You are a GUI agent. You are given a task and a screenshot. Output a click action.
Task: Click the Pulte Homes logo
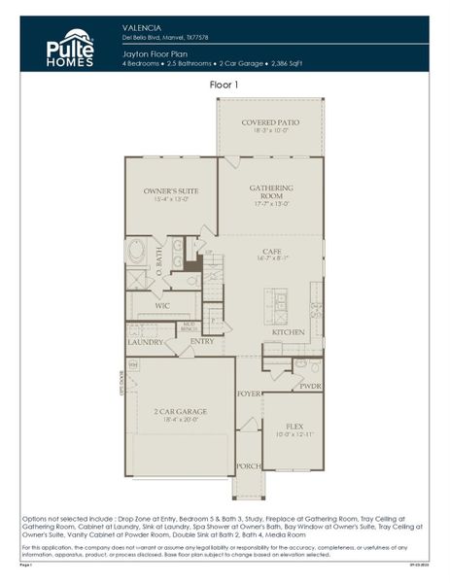[69, 46]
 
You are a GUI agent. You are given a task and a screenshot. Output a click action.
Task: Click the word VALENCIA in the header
[141, 27]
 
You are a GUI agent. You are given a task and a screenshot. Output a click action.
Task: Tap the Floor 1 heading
[225, 86]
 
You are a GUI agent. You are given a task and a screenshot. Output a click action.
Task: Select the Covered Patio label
[271, 121]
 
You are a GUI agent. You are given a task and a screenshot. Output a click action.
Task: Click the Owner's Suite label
[170, 191]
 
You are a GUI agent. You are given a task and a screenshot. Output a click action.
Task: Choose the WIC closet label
[162, 305]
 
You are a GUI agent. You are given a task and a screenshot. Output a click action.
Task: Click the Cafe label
[271, 251]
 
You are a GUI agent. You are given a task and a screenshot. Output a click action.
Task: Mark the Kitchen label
[289, 332]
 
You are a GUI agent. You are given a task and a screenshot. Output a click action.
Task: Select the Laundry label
[145, 341]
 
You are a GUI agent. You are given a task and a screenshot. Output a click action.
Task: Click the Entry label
[202, 341]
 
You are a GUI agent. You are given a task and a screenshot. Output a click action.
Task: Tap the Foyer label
[249, 394]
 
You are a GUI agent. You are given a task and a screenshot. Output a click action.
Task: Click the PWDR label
[310, 386]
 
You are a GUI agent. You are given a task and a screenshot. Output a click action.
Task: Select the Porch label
[249, 465]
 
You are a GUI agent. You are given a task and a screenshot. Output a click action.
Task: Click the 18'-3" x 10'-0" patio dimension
[271, 130]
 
